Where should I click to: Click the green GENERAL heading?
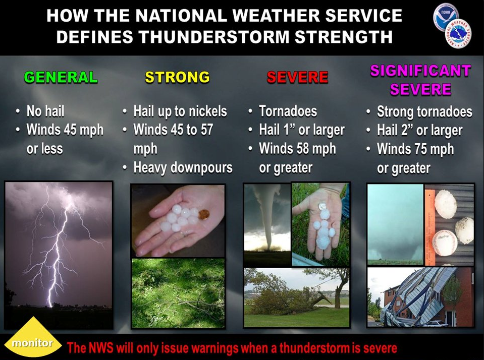[x=61, y=77]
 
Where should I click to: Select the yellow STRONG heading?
[x=178, y=77]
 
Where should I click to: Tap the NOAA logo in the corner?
[x=446, y=18]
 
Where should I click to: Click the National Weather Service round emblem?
[x=459, y=35]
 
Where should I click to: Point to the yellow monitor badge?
[x=32, y=337]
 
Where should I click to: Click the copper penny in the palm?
[x=204, y=214]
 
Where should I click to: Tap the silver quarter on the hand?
[x=323, y=206]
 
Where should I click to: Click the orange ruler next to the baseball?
[x=429, y=227]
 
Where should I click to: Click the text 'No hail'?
[x=45, y=111]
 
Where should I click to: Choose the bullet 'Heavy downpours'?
[x=183, y=168]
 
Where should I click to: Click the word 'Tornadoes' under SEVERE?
[x=288, y=111]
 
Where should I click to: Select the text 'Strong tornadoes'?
[x=424, y=111]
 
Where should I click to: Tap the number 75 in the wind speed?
[x=421, y=149]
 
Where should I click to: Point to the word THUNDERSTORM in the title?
[x=213, y=37]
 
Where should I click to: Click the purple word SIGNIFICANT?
[x=420, y=71]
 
